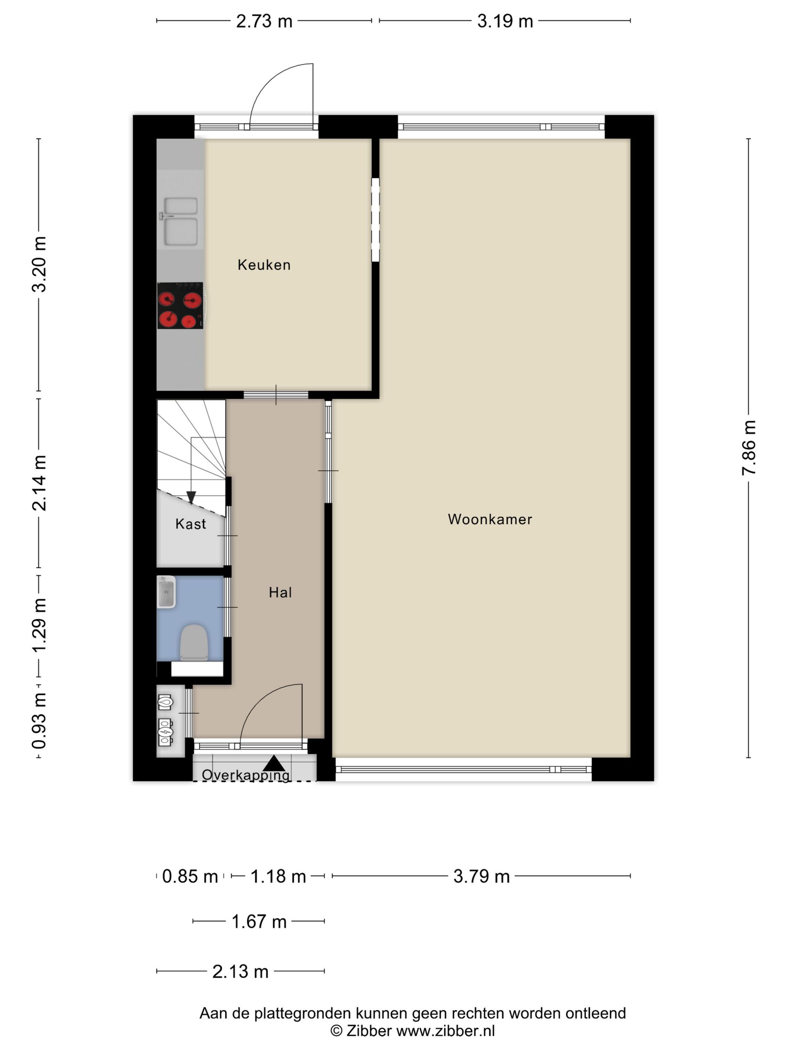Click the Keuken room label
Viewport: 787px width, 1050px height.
click(264, 265)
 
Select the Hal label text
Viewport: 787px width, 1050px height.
click(280, 592)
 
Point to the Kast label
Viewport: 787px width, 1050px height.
click(191, 524)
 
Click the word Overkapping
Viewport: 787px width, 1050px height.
click(246, 775)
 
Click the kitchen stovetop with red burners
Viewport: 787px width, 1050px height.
click(180, 305)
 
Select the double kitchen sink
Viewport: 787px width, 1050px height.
click(180, 222)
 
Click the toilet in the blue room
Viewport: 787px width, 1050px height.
click(194, 642)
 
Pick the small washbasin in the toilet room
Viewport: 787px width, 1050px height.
click(166, 592)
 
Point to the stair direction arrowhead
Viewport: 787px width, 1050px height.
click(191, 497)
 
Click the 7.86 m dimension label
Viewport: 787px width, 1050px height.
click(748, 448)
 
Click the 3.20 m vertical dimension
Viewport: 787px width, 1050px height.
click(39, 264)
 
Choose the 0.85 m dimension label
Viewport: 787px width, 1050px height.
click(190, 876)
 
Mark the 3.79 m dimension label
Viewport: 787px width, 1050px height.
click(482, 876)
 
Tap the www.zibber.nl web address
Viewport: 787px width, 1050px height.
click(446, 1030)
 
